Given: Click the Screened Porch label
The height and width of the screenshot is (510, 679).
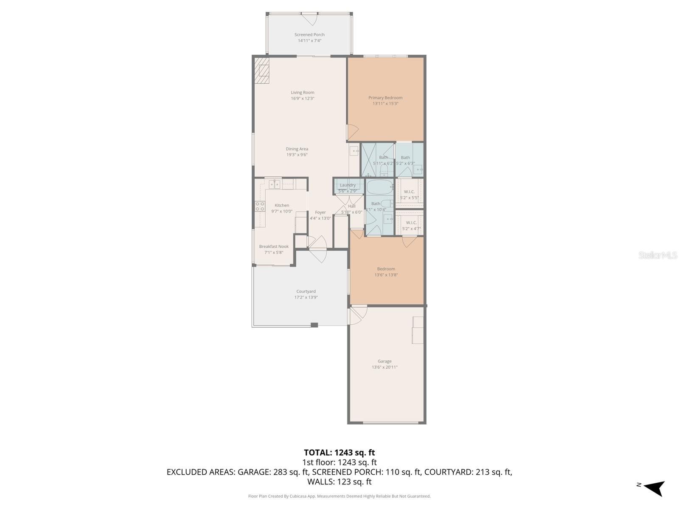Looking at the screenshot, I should [x=309, y=35].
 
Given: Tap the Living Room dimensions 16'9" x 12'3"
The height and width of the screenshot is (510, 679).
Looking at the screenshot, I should [x=303, y=99].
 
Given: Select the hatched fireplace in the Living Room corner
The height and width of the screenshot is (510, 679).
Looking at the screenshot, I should [x=262, y=71].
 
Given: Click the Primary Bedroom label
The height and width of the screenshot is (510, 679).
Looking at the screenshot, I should [x=385, y=98].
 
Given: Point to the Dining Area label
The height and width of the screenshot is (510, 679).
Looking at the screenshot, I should [x=297, y=149].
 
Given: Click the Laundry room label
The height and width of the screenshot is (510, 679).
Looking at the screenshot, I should [x=348, y=185].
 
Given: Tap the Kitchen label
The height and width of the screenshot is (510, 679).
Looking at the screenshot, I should [x=282, y=206].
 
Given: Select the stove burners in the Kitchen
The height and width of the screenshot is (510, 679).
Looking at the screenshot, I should [x=260, y=206].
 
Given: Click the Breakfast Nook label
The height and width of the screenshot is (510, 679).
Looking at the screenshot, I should [x=274, y=246].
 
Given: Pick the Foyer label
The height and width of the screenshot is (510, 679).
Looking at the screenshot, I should [x=320, y=212].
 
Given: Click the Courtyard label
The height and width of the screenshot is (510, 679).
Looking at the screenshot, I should [x=306, y=292].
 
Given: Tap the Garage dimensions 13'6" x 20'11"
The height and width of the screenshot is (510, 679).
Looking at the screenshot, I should [x=385, y=367].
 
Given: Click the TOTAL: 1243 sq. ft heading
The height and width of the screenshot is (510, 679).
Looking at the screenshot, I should [x=339, y=453].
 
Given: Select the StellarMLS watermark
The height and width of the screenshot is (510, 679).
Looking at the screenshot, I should [x=658, y=255].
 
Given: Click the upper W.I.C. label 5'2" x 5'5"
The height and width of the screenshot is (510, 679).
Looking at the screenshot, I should [x=409, y=192].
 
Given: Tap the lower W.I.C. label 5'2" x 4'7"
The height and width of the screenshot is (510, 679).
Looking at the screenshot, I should [x=411, y=223].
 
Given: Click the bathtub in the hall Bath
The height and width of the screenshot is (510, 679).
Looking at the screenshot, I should [x=380, y=187].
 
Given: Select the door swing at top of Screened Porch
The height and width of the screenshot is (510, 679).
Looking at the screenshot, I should [x=309, y=19].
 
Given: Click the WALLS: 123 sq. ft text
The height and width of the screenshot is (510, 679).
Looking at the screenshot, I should [x=339, y=482].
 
